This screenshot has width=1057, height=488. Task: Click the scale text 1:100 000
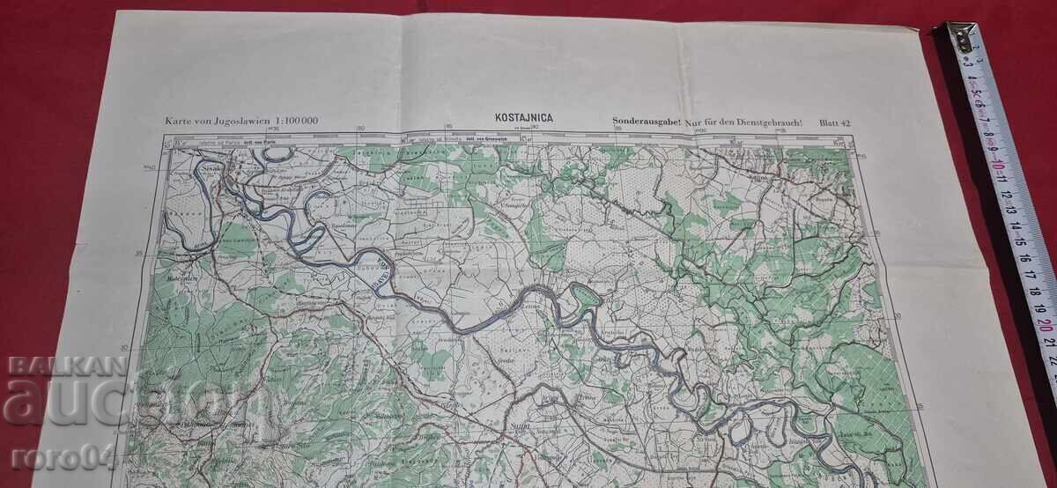[x=291, y=121]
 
